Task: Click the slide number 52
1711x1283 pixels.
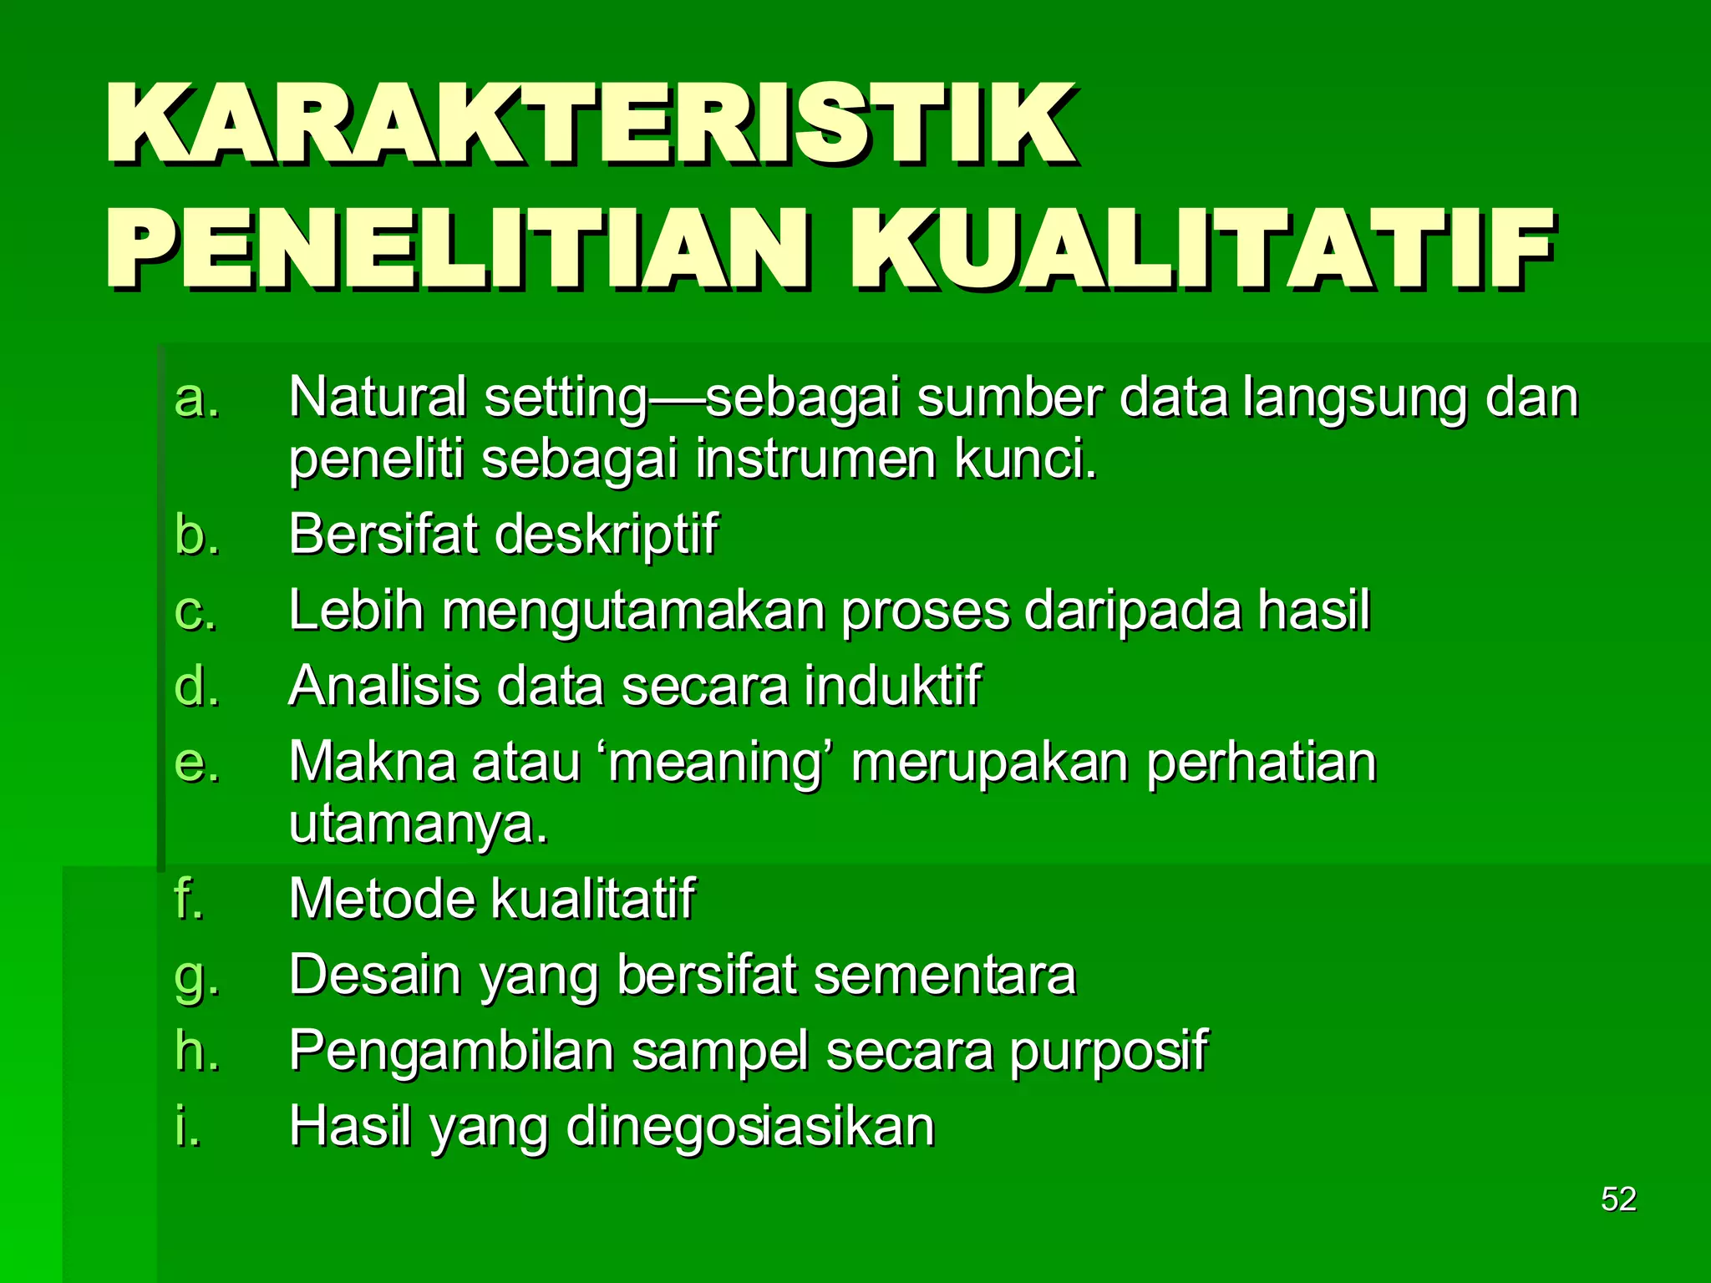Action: pos(1617,1199)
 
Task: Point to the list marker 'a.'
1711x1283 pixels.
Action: pos(197,398)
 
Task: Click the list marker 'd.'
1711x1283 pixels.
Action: pos(197,687)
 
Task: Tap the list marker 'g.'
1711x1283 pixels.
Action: pos(197,976)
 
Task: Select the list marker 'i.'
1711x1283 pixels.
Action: pos(189,1126)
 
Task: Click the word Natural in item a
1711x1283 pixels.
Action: pos(378,398)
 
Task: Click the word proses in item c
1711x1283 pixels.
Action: pos(924,611)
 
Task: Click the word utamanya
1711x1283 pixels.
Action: pos(418,825)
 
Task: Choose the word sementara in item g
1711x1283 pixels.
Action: pos(944,976)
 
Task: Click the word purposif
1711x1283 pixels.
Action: pos(1108,1051)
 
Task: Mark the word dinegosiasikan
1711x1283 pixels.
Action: pos(750,1126)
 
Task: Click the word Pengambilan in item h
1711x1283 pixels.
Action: pos(451,1051)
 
